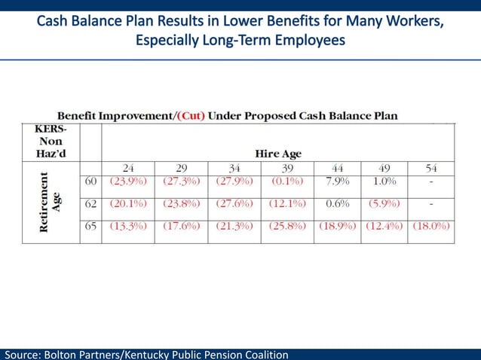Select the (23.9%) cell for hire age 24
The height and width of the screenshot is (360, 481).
pyautogui.click(x=127, y=182)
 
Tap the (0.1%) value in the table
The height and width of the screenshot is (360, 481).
pyautogui.click(x=287, y=182)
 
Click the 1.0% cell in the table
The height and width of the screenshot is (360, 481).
pyautogui.click(x=383, y=182)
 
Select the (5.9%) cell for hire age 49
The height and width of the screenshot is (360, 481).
pyautogui.click(x=383, y=203)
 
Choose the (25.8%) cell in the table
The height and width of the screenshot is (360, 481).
pyautogui.click(x=287, y=226)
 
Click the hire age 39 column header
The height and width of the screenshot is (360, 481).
pyautogui.click(x=287, y=167)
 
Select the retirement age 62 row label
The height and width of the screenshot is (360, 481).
pyautogui.click(x=90, y=203)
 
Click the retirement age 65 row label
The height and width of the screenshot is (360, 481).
pyautogui.click(x=90, y=226)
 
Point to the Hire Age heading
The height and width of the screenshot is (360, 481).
pyautogui.click(x=277, y=154)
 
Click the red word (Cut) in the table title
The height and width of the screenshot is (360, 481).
pyautogui.click(x=191, y=116)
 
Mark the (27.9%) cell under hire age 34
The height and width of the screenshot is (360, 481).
pyautogui.click(x=234, y=182)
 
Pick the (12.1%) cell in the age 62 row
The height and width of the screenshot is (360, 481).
pyautogui.click(x=287, y=203)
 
